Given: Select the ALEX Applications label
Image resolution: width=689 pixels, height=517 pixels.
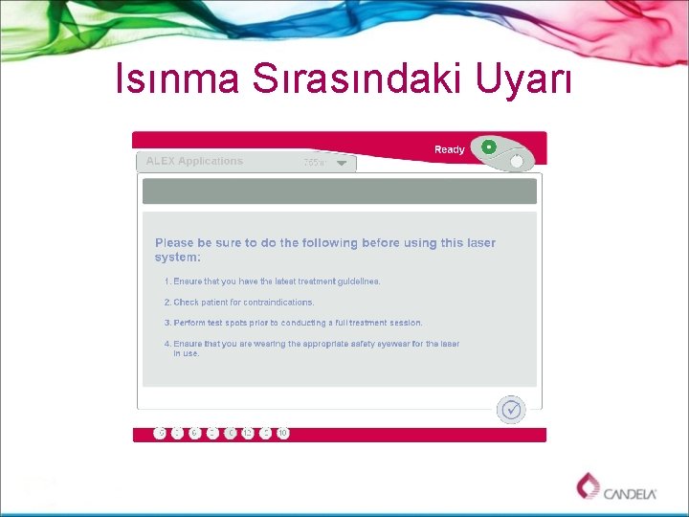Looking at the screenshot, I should (194, 161).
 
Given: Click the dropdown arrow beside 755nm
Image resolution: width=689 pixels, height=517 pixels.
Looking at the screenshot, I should (342, 163).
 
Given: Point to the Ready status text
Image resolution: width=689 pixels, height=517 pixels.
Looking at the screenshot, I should (449, 149).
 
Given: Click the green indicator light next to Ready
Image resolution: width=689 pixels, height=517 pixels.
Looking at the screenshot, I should (488, 146).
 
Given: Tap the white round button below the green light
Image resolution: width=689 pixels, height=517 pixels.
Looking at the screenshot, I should (517, 162).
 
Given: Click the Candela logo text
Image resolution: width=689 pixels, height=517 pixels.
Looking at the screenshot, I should (630, 493).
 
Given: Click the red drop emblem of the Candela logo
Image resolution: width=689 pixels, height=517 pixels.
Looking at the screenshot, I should (588, 485).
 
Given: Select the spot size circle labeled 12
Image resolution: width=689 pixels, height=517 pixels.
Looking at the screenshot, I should (248, 433).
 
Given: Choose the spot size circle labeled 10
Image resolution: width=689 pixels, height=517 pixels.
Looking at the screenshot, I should (282, 433).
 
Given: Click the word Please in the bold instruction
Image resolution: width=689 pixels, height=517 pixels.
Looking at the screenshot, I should (174, 243).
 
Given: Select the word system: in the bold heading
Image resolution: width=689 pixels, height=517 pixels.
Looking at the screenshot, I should (178, 258).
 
